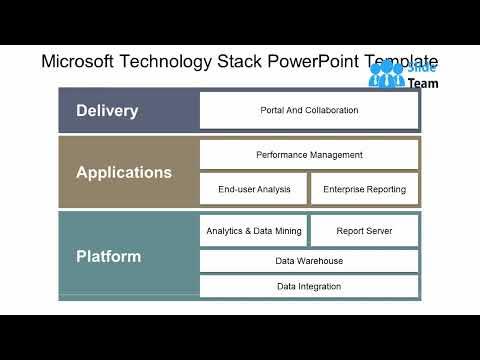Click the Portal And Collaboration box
(x=308, y=110)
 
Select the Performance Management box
(x=308, y=155)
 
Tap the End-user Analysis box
(x=253, y=188)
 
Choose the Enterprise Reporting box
(x=364, y=188)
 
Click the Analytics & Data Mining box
(x=253, y=231)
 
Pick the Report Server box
(x=364, y=231)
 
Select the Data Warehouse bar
(x=308, y=261)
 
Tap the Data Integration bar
(x=308, y=286)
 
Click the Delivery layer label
(x=107, y=110)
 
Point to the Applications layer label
(x=124, y=172)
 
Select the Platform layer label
(x=109, y=256)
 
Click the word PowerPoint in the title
(x=318, y=62)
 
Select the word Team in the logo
(x=423, y=84)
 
